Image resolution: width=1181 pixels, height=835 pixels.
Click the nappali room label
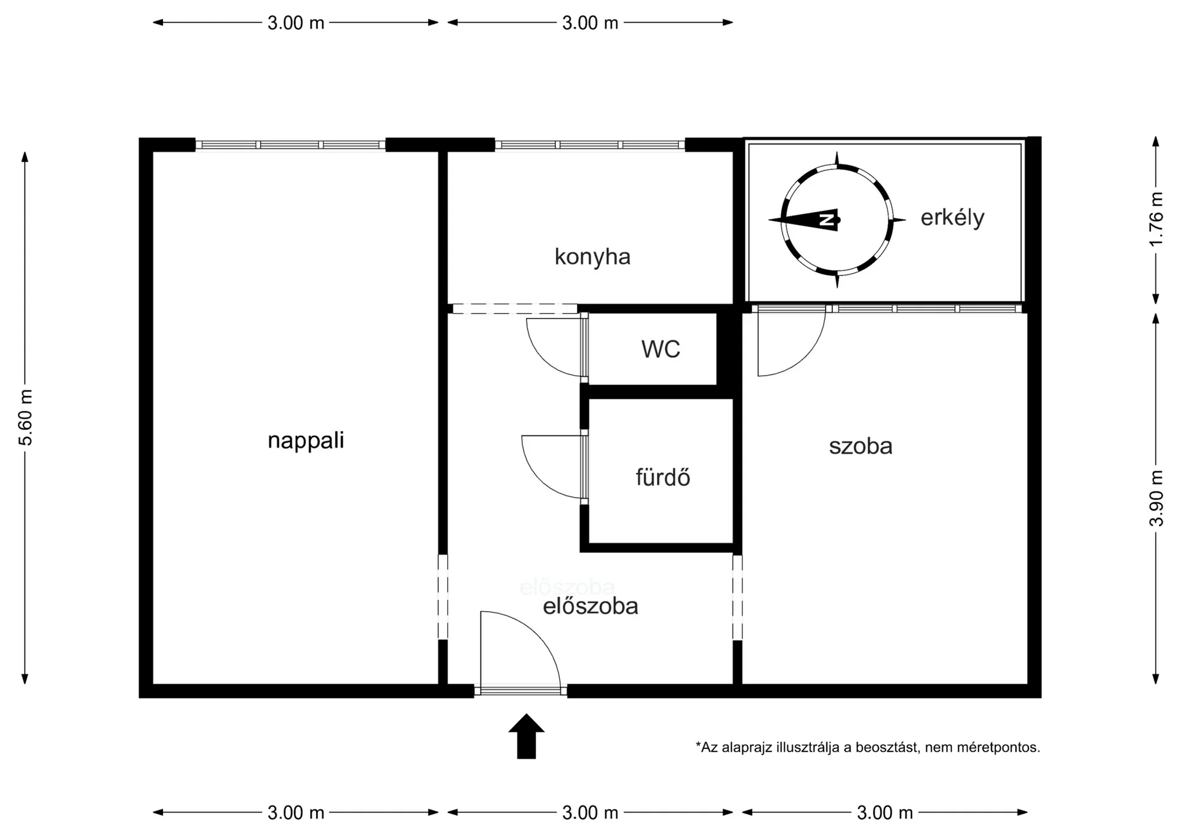[306, 441]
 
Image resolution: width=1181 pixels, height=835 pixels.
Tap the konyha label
[592, 256]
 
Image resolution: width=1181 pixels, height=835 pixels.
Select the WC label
[661, 349]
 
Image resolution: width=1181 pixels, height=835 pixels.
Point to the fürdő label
[662, 477]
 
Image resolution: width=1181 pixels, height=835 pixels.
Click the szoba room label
[861, 446]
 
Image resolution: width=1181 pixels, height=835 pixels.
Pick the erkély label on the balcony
[952, 218]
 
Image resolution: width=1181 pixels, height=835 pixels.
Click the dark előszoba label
[590, 606]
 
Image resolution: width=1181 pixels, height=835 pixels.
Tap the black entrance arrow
[527, 736]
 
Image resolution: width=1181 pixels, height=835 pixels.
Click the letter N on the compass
[827, 220]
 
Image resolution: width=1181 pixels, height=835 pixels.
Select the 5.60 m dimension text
[25, 417]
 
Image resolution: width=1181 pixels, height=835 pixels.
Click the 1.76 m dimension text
[1156, 219]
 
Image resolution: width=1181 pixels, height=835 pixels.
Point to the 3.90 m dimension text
[1156, 498]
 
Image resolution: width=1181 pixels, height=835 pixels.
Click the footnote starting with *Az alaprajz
[868, 748]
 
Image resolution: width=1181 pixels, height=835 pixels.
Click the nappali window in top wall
[290, 145]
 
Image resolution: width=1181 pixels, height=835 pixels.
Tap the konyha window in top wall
[590, 145]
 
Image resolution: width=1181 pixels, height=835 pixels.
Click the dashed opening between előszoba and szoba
[738, 598]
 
